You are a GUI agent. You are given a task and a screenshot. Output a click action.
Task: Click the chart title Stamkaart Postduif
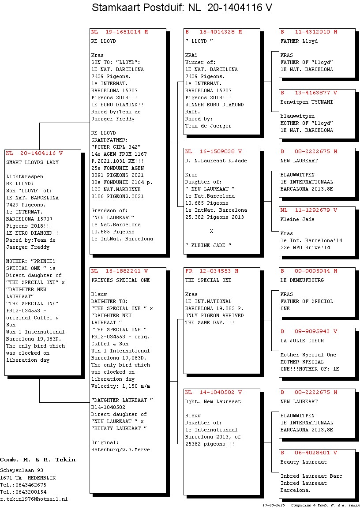point(138,7)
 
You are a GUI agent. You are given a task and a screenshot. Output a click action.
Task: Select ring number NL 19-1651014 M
point(120,32)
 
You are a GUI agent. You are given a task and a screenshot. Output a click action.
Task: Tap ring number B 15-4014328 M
point(214,32)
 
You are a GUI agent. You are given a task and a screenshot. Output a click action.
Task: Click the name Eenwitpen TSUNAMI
point(307,102)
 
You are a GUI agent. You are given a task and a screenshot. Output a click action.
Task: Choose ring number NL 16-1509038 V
point(214,152)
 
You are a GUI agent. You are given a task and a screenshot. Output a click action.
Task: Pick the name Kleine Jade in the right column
point(297,220)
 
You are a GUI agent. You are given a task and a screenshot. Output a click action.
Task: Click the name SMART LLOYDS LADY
point(32,162)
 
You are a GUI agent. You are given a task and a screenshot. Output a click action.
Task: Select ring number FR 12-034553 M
point(212,271)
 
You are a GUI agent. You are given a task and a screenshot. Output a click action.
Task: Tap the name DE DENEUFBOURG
point(302,280)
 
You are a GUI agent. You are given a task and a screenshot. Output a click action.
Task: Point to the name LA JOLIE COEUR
point(302,341)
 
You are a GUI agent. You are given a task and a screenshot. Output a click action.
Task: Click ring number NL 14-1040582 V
point(214,392)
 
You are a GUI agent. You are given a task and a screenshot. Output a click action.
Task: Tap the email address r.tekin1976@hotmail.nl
point(34,499)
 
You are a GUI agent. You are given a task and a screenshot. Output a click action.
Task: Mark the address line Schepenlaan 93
point(22,471)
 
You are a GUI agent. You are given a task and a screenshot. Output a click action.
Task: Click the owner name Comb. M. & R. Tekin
point(37,460)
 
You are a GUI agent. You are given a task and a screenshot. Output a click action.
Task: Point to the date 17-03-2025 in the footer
point(274,505)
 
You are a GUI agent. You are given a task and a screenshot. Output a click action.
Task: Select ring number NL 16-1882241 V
point(120,271)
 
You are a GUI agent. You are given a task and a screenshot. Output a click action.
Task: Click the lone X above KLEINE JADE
point(211,232)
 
